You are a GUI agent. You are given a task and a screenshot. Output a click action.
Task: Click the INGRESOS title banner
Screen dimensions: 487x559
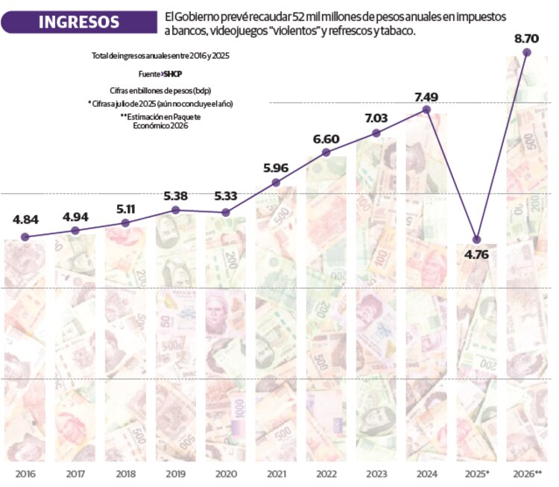pyautogui.click(x=79, y=22)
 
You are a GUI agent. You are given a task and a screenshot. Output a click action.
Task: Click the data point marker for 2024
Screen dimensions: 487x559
pyautogui.click(x=426, y=109)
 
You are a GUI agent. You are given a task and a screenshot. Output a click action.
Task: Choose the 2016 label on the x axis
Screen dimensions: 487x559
pyautogui.click(x=25, y=474)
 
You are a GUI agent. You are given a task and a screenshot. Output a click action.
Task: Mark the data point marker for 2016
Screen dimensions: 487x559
pyautogui.click(x=25, y=236)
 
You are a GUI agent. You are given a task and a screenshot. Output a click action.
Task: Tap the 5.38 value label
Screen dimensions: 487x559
pyautogui.click(x=175, y=196)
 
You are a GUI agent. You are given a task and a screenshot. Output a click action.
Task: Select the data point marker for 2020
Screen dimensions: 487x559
pyautogui.click(x=226, y=213)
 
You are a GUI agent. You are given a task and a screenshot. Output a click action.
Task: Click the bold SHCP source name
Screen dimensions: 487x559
pyautogui.click(x=173, y=75)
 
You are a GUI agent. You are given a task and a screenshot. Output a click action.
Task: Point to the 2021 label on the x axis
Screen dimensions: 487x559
pyautogui.click(x=276, y=474)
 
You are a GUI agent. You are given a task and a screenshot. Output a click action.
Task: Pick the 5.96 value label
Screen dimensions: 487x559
pyautogui.click(x=277, y=168)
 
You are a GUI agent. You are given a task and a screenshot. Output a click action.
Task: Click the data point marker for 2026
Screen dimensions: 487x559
pyautogui.click(x=527, y=52)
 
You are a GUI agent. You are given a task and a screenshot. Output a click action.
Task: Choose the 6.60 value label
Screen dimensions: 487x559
pyautogui.click(x=326, y=139)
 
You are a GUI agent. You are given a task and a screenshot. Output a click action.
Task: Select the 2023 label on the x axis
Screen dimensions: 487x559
pyautogui.click(x=376, y=474)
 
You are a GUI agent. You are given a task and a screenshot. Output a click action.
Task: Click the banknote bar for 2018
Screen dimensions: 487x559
pyautogui.click(x=125, y=343)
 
